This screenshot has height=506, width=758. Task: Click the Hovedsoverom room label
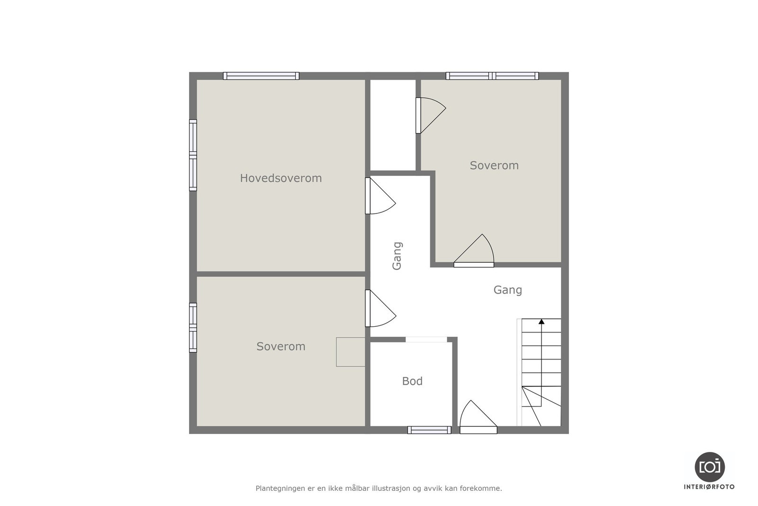tap(280, 178)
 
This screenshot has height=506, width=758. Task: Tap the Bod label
tap(412, 381)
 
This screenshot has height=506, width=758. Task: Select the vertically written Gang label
tap(397, 256)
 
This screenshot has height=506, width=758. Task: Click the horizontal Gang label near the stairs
tap(507, 290)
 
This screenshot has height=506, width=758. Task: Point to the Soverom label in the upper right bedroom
tap(494, 166)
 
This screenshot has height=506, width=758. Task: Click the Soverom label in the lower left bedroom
tap(280, 347)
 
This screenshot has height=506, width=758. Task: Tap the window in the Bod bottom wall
tap(429, 430)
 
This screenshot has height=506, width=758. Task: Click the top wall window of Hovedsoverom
tap(261, 76)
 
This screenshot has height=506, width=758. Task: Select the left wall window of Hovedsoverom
tap(193, 155)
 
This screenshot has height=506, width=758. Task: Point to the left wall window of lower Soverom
tap(193, 327)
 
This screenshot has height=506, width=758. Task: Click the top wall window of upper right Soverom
tap(492, 76)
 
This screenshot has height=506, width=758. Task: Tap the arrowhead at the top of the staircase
tap(541, 322)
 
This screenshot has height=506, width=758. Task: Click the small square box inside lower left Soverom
tap(351, 352)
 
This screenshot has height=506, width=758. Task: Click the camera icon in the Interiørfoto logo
tap(709, 467)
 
